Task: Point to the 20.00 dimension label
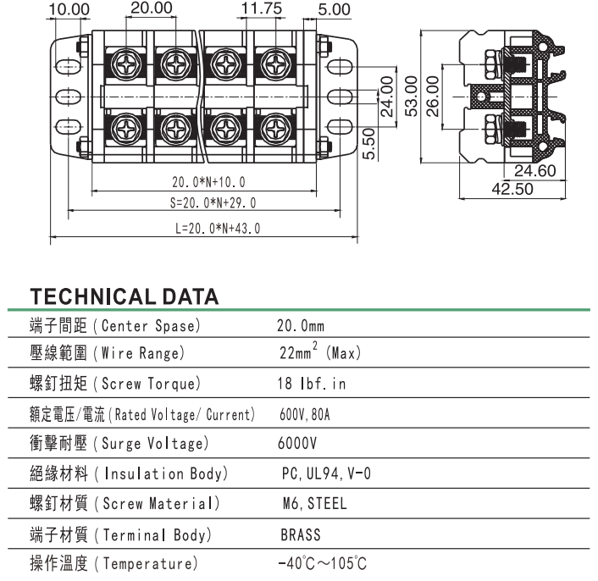(151, 8)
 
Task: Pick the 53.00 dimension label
(411, 96)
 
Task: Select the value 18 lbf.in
(311, 384)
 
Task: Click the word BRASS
(301, 535)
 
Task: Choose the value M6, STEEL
(314, 504)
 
